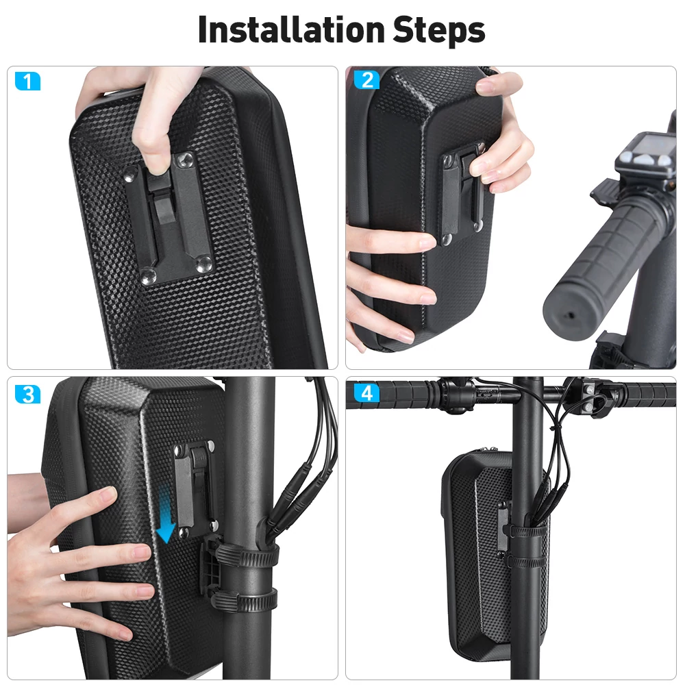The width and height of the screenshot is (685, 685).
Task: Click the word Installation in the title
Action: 291,29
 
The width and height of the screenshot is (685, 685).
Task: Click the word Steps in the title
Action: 439,31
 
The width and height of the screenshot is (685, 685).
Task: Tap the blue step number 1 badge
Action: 27,82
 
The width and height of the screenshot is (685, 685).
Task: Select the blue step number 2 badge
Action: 367,80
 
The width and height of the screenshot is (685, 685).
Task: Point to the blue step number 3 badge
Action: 27,394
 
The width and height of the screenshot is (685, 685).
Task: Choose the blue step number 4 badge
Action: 366,393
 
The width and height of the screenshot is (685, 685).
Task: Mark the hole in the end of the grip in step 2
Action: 570,314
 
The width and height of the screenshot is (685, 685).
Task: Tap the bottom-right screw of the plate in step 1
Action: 203,264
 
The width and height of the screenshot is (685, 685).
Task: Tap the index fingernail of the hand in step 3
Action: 109,494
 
